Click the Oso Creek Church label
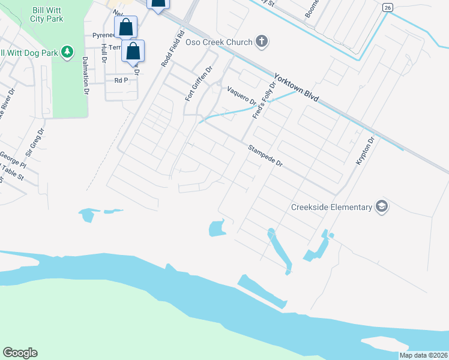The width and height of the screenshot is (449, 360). click(x=218, y=42)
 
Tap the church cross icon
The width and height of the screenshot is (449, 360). click(x=261, y=41)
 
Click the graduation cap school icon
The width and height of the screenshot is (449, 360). click(x=381, y=207)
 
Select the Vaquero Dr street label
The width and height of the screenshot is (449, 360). click(x=242, y=95)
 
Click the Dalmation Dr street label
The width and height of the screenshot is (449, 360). click(x=85, y=76)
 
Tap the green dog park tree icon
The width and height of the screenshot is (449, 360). click(x=68, y=53)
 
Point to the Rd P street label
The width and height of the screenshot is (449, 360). click(x=122, y=80)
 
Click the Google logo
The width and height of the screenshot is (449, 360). click(x=20, y=353)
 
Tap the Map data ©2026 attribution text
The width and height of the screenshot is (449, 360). click(x=423, y=355)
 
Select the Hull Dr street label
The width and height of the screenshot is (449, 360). click(x=104, y=53)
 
